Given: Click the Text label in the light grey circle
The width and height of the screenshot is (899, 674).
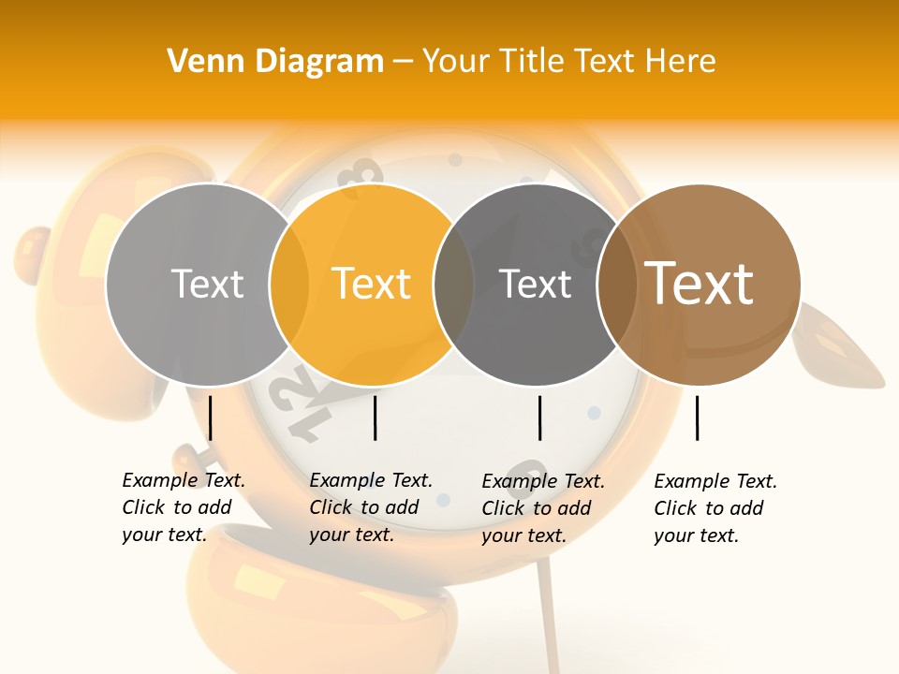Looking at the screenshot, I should point(207,284).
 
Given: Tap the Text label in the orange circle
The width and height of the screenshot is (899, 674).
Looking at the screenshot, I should point(371,284).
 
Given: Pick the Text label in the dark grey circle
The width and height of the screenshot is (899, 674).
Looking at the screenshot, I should point(535,284).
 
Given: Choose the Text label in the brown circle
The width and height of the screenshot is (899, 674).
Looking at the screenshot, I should point(700,284).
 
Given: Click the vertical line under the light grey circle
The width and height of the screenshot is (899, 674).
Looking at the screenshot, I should point(211,418).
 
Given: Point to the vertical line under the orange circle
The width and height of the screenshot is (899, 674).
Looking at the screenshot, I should point(375,418).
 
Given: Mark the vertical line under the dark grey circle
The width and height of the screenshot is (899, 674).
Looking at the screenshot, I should point(539,418).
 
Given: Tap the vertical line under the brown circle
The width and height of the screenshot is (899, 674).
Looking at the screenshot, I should point(698,418).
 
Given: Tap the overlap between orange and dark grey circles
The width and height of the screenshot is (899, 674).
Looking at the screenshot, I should point(453,284).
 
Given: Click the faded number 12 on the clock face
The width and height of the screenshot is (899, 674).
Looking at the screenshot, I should point(300,403).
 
